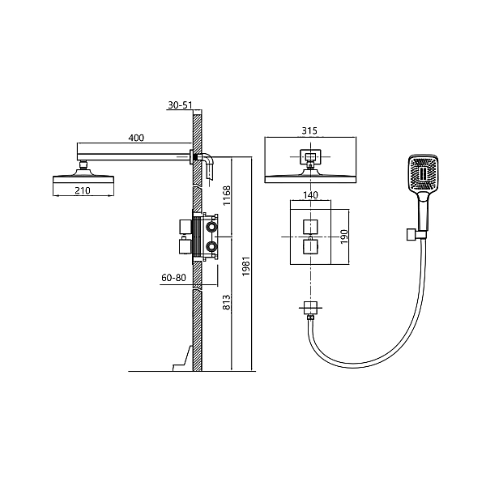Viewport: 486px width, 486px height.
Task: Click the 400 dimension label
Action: coord(136,138)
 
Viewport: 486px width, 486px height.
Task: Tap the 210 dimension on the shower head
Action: coord(83,190)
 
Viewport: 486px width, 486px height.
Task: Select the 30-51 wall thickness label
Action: coord(180,105)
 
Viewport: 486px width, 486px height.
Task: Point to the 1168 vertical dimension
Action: coord(227,195)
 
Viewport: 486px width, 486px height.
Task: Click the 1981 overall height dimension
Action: coord(245,266)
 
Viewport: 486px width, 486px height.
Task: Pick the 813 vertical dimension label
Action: coord(227,302)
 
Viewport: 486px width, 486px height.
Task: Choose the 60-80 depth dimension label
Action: coord(173,277)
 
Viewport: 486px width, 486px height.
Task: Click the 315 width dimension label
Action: coord(309,130)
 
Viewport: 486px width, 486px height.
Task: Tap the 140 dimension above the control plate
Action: coord(310,195)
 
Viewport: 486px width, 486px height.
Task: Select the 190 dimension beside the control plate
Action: coord(344,237)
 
